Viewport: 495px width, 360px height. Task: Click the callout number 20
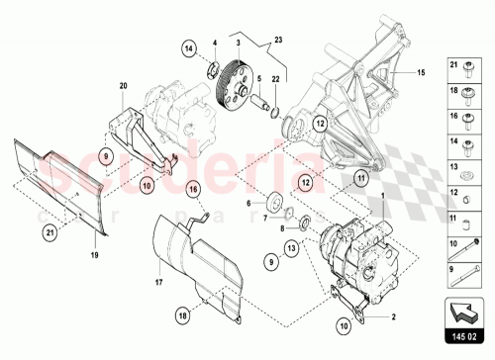click(x=125, y=86)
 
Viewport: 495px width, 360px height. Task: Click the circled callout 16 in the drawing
click(x=194, y=189)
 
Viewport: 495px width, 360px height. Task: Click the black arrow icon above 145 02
click(x=463, y=313)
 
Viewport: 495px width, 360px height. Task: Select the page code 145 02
click(x=463, y=339)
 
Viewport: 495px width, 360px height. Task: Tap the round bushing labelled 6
click(x=269, y=207)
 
